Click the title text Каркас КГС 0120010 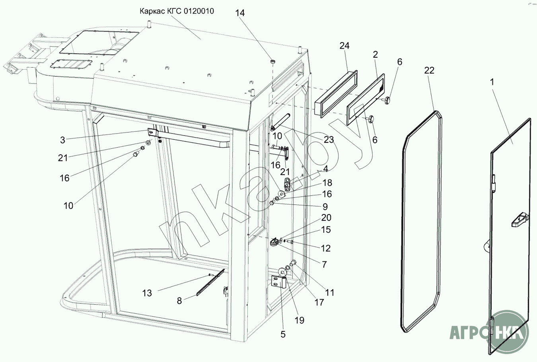177,11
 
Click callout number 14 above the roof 240,13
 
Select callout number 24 344,46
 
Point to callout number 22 429,70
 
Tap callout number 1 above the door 492,82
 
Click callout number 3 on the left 62,140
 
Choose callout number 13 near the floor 147,293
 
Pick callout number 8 179,301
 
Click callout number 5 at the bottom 283,334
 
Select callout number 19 300,320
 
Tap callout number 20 326,218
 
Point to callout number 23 329,140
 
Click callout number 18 327,183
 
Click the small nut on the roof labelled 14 273,61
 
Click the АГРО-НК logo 489,332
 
